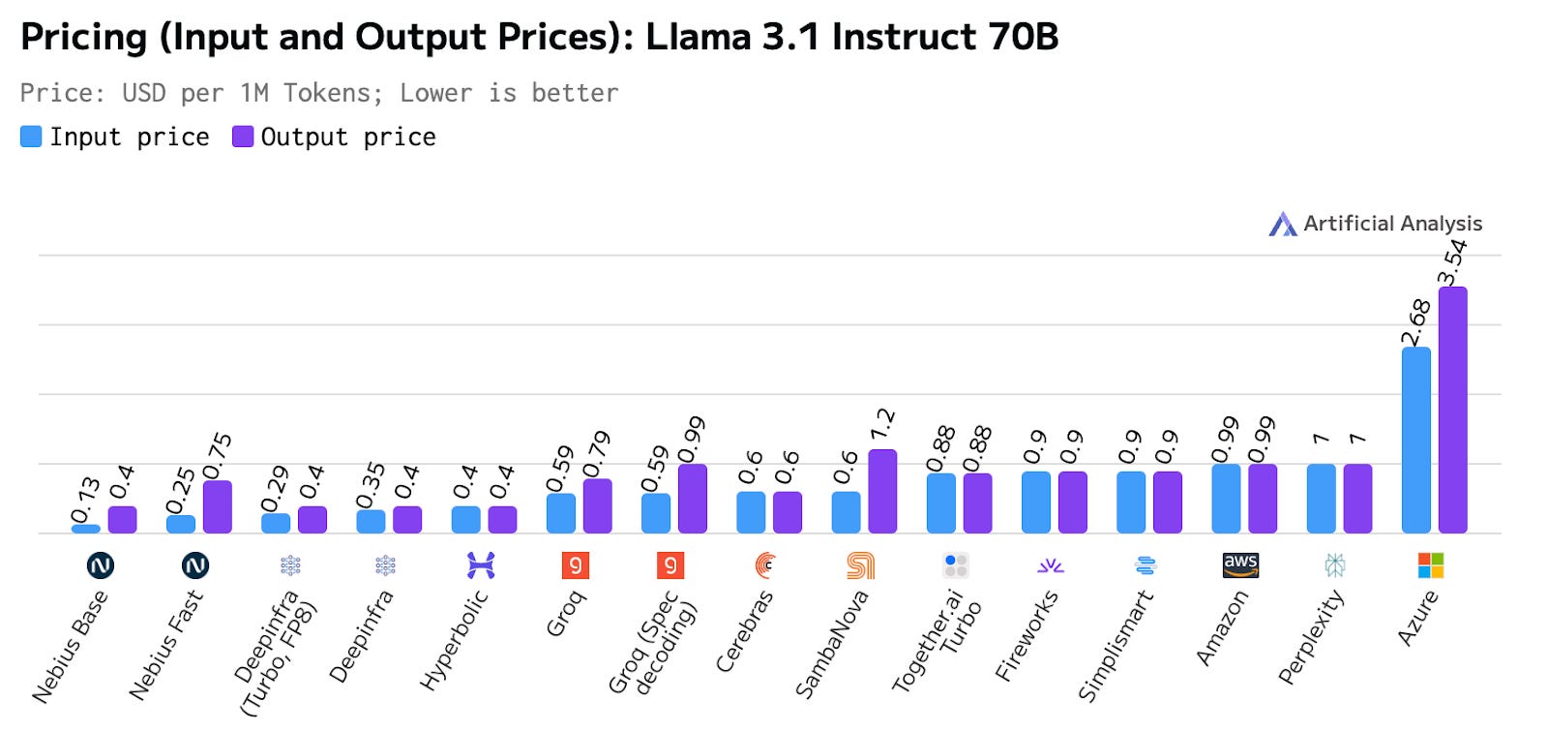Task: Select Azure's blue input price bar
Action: [x=1415, y=441]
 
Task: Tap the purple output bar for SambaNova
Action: [x=882, y=491]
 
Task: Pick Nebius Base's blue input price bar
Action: [x=86, y=529]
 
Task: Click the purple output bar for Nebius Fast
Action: [x=218, y=506]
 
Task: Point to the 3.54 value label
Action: [x=1452, y=261]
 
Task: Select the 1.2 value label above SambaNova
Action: [x=882, y=424]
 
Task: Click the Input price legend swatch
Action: [x=31, y=137]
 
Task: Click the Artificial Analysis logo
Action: [x=1283, y=224]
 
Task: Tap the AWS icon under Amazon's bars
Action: [x=1240, y=564]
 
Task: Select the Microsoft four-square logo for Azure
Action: [x=1430, y=564]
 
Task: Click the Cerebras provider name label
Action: [x=744, y=631]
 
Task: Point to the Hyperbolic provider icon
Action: [x=481, y=564]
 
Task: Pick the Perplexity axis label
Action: [x=1311, y=637]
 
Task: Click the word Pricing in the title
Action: [x=83, y=37]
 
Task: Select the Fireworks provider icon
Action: [x=1051, y=564]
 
